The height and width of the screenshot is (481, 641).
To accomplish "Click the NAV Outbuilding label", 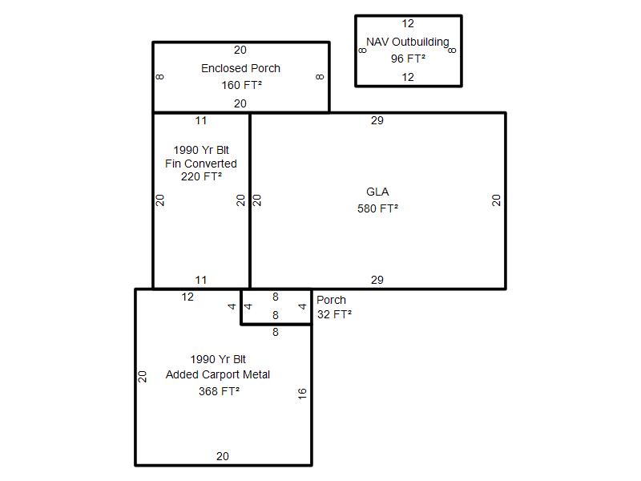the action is [408, 42].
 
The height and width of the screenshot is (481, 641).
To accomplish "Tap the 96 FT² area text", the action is [408, 59].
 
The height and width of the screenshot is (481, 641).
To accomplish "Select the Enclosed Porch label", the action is [241, 68].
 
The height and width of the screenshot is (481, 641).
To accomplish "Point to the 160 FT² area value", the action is [242, 85].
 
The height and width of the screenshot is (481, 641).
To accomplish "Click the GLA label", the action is [377, 192].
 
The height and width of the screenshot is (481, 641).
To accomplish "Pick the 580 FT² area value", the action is [377, 208].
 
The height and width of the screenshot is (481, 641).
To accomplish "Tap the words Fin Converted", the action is [201, 164].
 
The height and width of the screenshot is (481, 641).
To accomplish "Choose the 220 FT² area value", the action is [202, 176].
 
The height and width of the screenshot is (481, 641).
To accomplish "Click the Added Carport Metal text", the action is [218, 374].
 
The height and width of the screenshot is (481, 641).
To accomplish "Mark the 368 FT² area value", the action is [219, 391].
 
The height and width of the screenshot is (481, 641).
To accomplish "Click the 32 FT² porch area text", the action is [334, 314].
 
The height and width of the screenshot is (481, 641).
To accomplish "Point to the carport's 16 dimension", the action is [302, 394].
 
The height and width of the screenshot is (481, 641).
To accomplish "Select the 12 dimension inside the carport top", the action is [187, 297].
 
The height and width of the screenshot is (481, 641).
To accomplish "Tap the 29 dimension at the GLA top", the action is [377, 121].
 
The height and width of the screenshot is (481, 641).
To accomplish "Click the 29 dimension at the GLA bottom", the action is [377, 280].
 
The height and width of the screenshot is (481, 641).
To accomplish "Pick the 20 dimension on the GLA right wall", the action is [496, 200].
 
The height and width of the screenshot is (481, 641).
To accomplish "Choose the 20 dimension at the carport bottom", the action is [223, 456].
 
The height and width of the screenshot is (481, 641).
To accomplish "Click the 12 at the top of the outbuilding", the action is [408, 24].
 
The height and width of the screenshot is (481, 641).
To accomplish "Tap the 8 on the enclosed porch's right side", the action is [320, 77].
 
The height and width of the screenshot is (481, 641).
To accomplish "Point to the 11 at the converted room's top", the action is [201, 121].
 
